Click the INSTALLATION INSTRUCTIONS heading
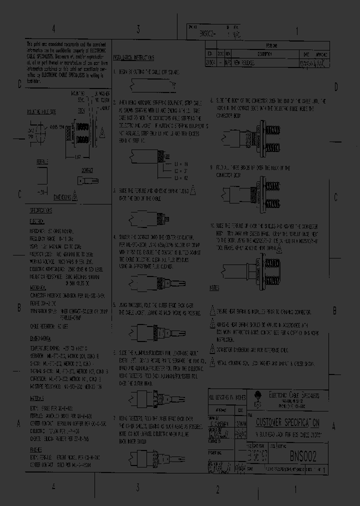[x=133, y=58]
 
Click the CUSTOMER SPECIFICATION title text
[x=288, y=423]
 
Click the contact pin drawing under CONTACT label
[x=87, y=180]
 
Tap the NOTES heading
[x=214, y=288]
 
